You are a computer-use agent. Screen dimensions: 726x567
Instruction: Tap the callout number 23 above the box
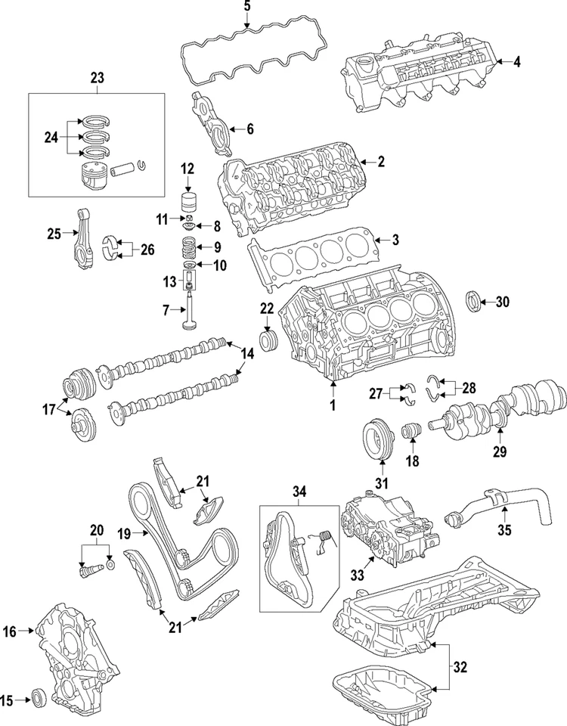[x=97, y=77]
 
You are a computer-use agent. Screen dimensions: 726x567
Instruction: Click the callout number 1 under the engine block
[x=331, y=405]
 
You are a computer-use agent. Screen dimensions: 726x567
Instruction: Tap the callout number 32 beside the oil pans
[x=460, y=667]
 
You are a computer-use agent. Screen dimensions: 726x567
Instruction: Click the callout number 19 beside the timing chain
[x=125, y=533]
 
